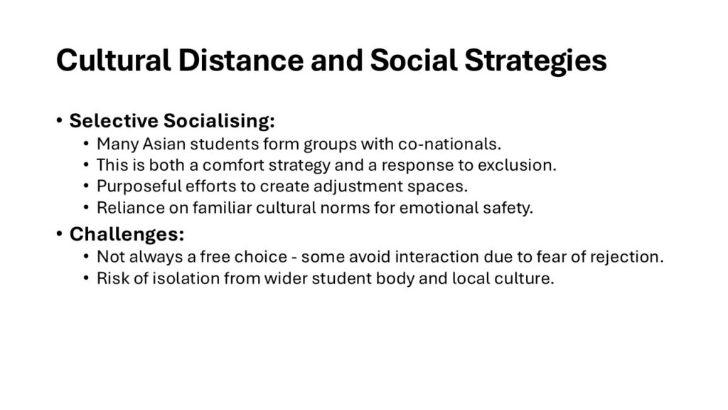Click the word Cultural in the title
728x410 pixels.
coord(113,61)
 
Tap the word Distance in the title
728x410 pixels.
coord(240,61)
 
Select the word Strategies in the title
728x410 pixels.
coord(535,62)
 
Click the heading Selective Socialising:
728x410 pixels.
coord(172,121)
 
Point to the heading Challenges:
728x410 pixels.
coord(127,234)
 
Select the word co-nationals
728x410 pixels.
coord(449,144)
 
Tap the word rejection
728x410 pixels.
coord(627,257)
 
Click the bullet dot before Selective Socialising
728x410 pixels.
coord(59,121)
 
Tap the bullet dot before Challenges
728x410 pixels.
coord(59,233)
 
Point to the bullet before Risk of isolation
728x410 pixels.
coord(86,278)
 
